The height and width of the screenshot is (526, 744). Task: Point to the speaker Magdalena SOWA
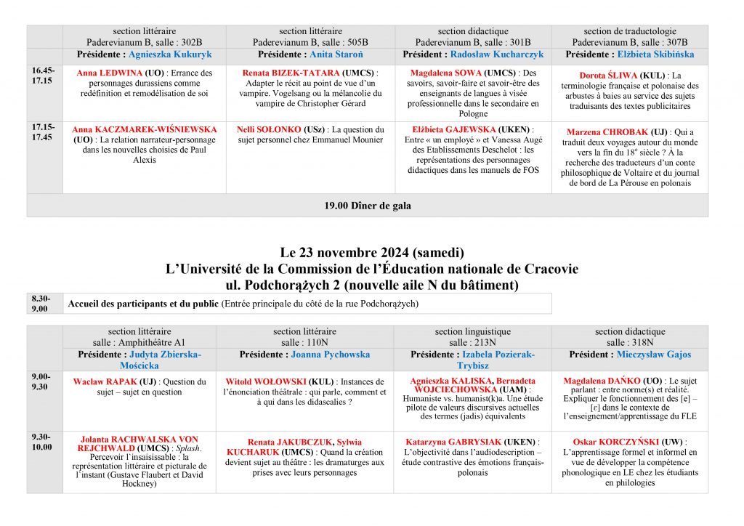click(446, 73)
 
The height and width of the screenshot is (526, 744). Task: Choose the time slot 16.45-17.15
click(42, 76)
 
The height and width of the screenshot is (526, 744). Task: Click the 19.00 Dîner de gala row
click(367, 206)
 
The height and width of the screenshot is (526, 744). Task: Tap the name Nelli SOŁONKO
click(268, 129)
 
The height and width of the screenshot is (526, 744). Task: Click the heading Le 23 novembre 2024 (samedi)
click(371, 253)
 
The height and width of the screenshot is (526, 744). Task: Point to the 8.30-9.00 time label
click(41, 304)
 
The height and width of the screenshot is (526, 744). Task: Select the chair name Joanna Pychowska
click(330, 355)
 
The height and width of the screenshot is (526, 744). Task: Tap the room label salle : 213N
click(472, 343)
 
